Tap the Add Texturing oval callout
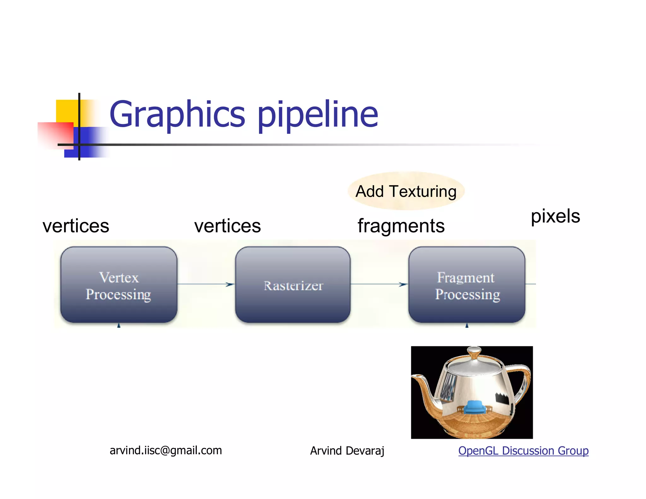click(406, 191)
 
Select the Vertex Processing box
click(119, 285)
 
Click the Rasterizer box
click(293, 285)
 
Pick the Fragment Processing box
click(467, 285)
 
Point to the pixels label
click(555, 216)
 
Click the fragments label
click(401, 226)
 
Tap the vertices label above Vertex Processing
click(76, 226)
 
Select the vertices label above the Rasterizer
click(227, 226)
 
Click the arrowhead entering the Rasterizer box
click(230, 285)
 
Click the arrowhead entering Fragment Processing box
click(403, 285)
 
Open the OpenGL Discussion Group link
click(523, 450)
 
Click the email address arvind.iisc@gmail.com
click(166, 450)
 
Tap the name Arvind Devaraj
click(347, 451)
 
